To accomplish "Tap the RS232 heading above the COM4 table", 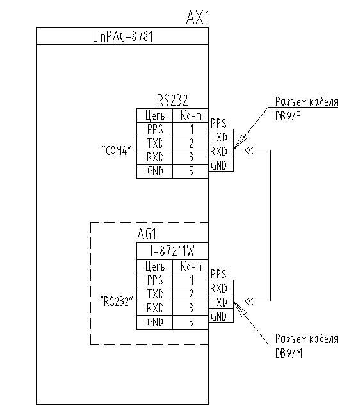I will (x=172, y=100).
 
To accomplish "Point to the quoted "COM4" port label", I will (x=116, y=150).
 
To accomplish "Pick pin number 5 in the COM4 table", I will (x=191, y=172).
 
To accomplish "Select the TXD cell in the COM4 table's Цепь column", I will (x=155, y=143).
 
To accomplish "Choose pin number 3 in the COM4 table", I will (x=191, y=157).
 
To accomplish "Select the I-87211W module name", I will (x=172, y=251).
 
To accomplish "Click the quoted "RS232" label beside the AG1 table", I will (x=116, y=301).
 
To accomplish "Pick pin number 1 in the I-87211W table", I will (x=191, y=280).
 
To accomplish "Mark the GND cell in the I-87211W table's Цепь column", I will (x=155, y=323).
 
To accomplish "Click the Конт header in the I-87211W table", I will (x=191, y=266).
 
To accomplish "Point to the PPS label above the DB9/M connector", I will (x=218, y=273).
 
